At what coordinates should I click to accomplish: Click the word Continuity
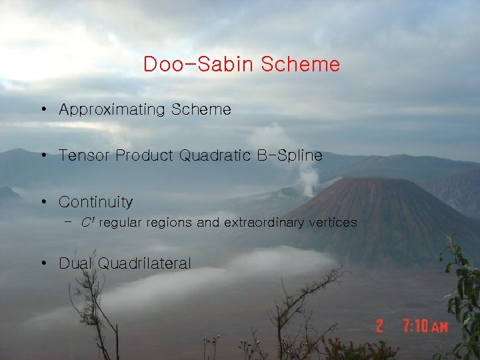[95, 201]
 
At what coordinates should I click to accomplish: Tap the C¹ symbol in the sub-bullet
[85, 222]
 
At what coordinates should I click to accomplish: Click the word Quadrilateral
[144, 264]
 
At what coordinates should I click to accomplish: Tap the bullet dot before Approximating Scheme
[42, 109]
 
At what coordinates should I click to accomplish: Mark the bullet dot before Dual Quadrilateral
[42, 263]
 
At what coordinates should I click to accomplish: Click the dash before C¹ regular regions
[69, 222]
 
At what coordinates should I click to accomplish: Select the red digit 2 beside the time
[379, 326]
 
